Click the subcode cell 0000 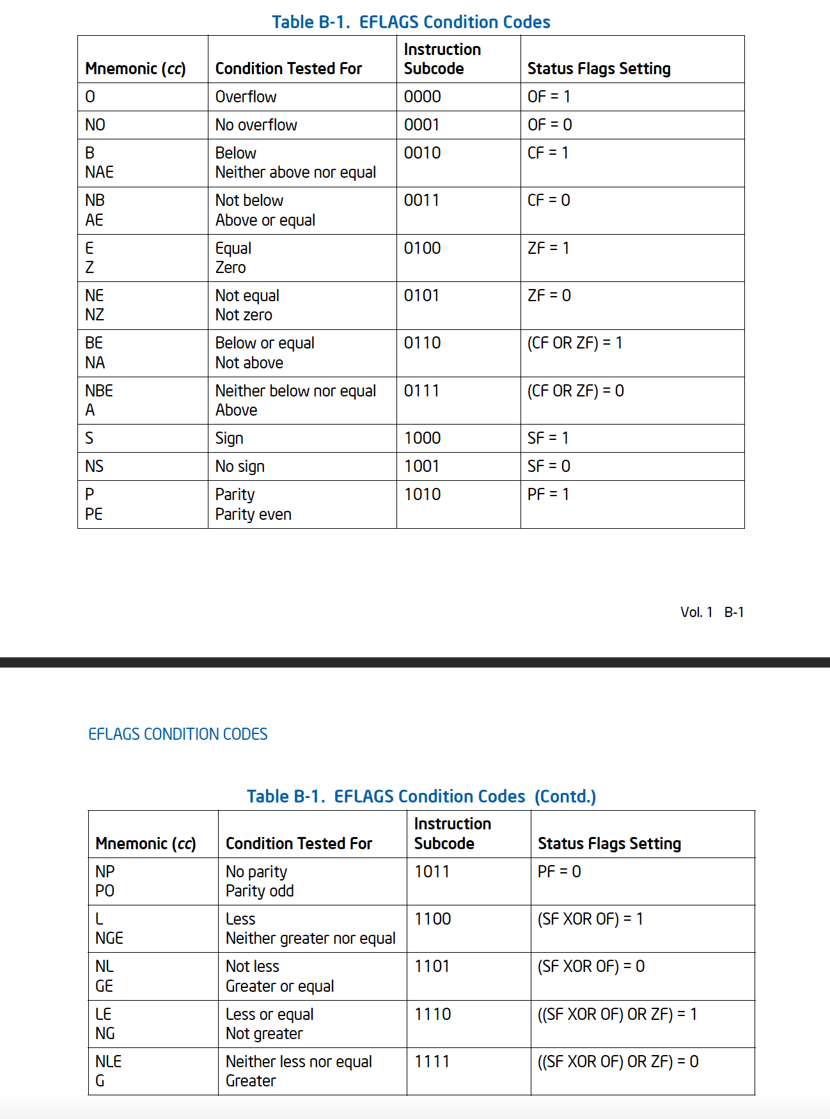[x=422, y=97]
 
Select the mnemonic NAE [x=99, y=172]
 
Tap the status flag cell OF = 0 [x=549, y=125]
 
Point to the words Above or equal [x=265, y=220]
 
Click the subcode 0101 [x=421, y=295]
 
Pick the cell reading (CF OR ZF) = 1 [x=574, y=343]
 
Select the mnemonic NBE [x=98, y=391]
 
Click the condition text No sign [x=240, y=466]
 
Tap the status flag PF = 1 [x=548, y=494]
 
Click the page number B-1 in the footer [x=733, y=612]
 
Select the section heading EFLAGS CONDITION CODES [x=178, y=734]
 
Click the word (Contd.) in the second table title [x=565, y=796]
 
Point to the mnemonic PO [x=105, y=891]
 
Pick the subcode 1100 [x=432, y=919]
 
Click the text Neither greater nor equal [x=310, y=938]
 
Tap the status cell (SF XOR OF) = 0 [x=591, y=966]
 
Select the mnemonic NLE [x=108, y=1061]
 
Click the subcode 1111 [x=432, y=1061]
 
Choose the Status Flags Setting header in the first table [x=599, y=68]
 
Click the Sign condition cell [x=229, y=438]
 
